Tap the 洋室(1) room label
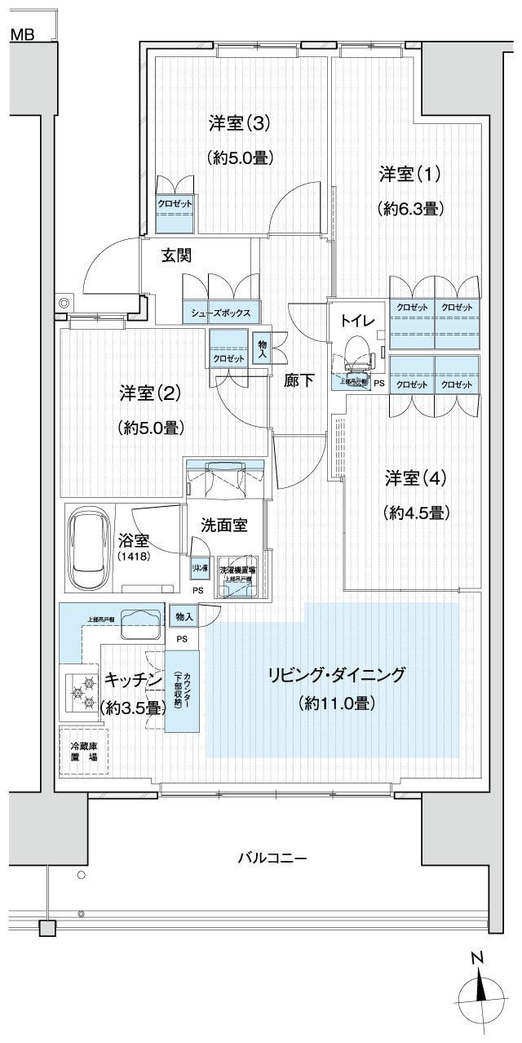pos(409,174)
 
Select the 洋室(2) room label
pos(149,393)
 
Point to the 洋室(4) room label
pos(416,477)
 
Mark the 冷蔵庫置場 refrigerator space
pos(82,751)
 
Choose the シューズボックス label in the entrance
pos(221,313)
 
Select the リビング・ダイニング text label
pos(336,675)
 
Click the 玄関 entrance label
pos(175,255)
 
